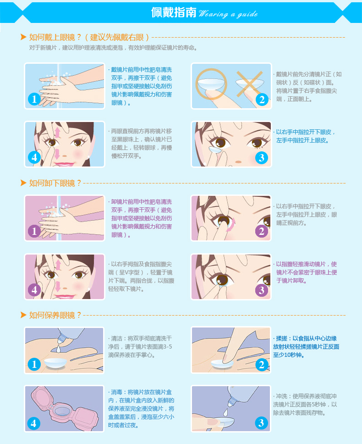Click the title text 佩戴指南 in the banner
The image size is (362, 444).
click(173, 12)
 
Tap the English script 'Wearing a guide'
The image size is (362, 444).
click(228, 14)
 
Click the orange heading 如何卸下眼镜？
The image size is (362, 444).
click(55, 183)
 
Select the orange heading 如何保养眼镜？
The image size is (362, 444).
click(55, 315)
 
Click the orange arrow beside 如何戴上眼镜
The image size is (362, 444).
click(23, 37)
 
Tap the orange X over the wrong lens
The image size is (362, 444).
click(249, 84)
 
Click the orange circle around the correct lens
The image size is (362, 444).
click(211, 84)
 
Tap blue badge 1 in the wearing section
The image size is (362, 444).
click(34, 99)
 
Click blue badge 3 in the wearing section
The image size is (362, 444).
click(262, 157)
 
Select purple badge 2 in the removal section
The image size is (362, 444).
click(262, 231)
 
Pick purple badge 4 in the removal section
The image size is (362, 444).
click(34, 290)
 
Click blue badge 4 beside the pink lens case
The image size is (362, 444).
click(34, 423)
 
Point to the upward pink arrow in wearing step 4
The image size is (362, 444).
click(58, 132)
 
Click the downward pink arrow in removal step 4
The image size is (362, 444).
click(58, 286)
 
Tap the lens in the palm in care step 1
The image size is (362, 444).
click(56, 363)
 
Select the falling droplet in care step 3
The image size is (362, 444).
click(226, 412)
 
